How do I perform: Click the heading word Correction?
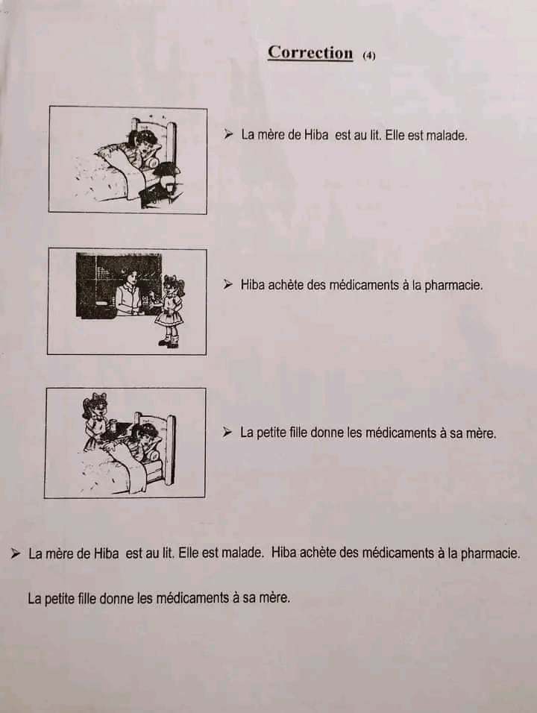(x=310, y=52)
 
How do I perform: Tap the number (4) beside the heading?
(x=369, y=55)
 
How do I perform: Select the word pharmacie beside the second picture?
(x=453, y=286)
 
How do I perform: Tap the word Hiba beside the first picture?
(x=316, y=134)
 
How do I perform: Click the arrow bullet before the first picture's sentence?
(x=228, y=134)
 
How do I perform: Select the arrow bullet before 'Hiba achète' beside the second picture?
(x=227, y=285)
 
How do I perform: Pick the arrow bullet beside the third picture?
(x=227, y=432)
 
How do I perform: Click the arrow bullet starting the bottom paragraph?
(x=16, y=553)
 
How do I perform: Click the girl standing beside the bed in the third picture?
(x=95, y=421)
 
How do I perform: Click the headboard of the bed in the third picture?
(x=171, y=449)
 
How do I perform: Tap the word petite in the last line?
(x=60, y=598)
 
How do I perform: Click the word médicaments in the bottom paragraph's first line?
(x=391, y=553)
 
